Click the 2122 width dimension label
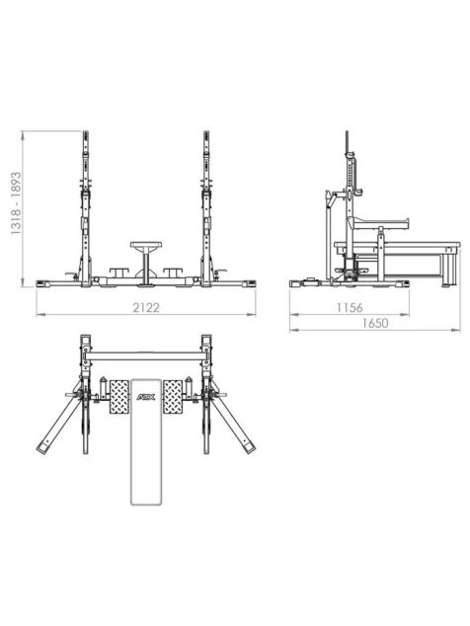146,307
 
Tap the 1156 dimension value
350,307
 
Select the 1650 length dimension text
375,323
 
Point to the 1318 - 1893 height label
16,202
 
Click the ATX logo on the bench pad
146,397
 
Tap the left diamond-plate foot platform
119,397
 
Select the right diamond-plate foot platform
173,397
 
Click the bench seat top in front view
146,244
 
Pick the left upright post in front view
86,208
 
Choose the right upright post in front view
206,208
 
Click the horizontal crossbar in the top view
146,356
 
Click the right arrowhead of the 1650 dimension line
457,330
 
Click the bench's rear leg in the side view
449,271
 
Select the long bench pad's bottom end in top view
146,504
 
